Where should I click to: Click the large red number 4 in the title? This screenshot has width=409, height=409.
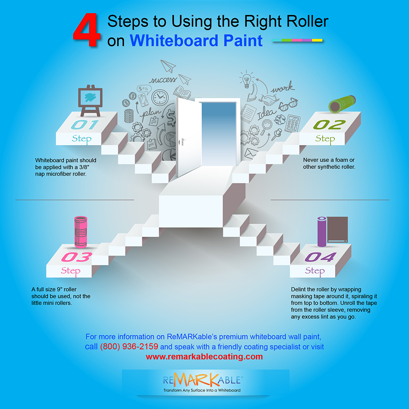(87, 31)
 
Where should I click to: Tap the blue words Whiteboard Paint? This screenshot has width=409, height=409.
(196, 40)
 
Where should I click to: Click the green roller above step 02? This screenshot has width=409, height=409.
(342, 104)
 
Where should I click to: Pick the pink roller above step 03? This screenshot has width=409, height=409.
(81, 231)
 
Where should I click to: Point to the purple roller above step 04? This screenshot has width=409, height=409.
(322, 231)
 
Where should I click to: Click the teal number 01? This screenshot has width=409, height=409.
(85, 125)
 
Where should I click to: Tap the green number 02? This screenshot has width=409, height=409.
(329, 125)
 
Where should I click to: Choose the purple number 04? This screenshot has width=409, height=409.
(321, 257)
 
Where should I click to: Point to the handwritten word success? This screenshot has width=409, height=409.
(162, 80)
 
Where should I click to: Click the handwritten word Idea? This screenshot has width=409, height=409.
(266, 114)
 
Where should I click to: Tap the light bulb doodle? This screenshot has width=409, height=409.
(246, 79)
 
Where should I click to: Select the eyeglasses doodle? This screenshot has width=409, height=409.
(288, 104)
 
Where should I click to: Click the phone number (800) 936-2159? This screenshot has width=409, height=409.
(129, 346)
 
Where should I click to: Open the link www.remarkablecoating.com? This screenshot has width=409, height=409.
(204, 357)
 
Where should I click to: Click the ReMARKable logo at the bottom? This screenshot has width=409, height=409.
(202, 382)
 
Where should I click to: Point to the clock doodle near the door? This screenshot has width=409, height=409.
(160, 98)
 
